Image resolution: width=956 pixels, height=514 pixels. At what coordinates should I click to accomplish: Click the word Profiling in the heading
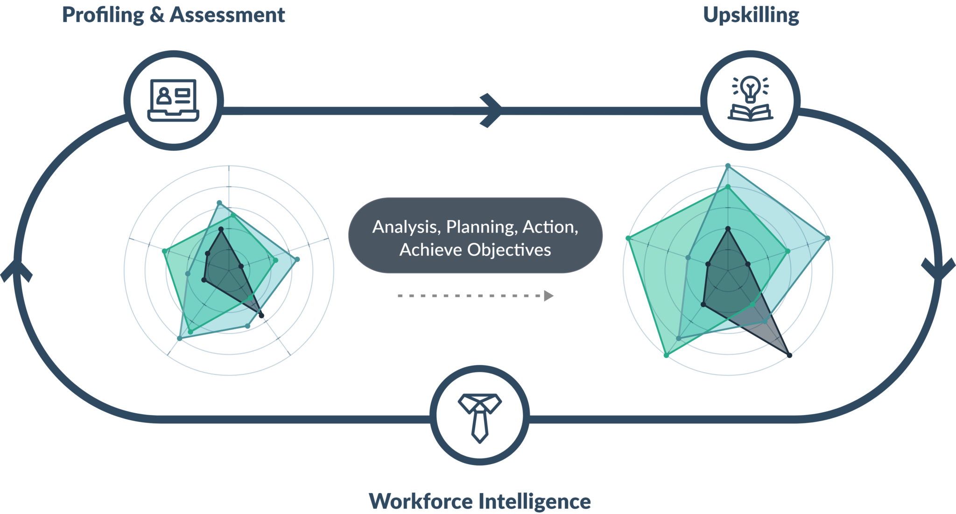click(x=103, y=15)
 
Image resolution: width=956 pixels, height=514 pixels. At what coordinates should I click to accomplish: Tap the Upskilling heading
click(x=751, y=15)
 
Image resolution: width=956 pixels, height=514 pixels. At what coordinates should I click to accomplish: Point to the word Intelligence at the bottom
click(x=535, y=501)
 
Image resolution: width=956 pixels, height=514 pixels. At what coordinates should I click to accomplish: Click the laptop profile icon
click(x=173, y=100)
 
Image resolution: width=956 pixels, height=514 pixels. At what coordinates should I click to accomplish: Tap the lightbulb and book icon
click(x=750, y=99)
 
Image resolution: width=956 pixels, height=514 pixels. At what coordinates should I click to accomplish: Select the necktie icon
click(x=479, y=417)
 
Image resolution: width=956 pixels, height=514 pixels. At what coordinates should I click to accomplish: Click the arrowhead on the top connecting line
click(x=492, y=111)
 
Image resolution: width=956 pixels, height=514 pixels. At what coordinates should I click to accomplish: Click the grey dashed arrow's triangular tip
click(x=549, y=296)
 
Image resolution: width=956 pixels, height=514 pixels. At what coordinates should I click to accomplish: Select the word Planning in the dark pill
click(x=481, y=227)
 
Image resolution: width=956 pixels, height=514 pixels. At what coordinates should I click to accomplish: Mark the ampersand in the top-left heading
click(x=157, y=15)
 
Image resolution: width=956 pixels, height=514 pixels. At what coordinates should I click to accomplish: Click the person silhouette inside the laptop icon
click(x=163, y=96)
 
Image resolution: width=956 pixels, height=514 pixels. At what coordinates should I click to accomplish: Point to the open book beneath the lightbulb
click(x=750, y=113)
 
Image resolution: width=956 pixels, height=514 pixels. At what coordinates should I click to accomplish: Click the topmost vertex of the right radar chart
click(x=728, y=166)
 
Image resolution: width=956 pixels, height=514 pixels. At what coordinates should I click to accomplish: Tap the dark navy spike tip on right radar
click(x=790, y=356)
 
